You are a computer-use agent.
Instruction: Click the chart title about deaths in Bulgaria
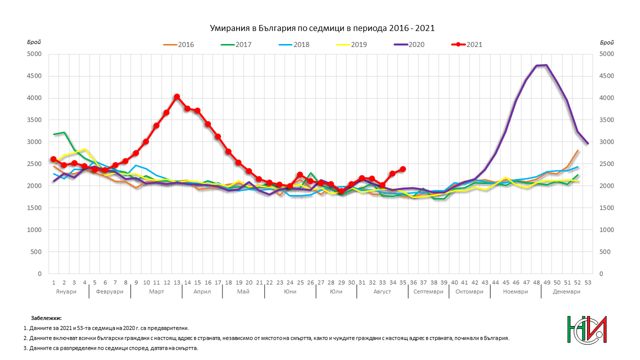[x=321, y=28]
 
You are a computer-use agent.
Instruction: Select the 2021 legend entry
[x=467, y=44]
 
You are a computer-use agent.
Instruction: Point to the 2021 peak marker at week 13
[x=177, y=97]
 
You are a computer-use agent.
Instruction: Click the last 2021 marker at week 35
[x=402, y=169]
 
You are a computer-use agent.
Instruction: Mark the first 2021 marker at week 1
[x=53, y=159]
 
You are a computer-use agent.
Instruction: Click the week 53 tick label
[x=587, y=282]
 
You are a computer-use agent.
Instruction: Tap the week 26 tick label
[x=310, y=282]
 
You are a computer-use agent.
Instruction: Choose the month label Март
[x=156, y=291]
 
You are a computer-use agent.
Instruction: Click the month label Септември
[x=428, y=291]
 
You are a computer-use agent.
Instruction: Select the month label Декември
[x=566, y=291]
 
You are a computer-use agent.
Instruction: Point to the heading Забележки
[x=46, y=317]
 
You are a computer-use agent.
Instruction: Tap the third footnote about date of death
[x=111, y=348]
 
